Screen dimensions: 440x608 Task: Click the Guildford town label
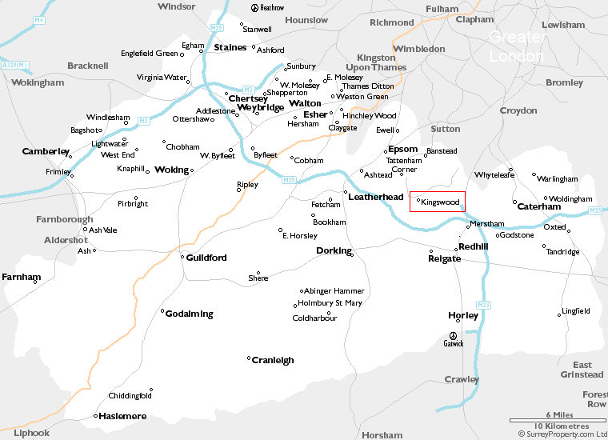click(x=206, y=258)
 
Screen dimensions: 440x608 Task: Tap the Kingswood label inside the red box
click(x=440, y=202)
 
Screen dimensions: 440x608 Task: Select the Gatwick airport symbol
click(x=454, y=336)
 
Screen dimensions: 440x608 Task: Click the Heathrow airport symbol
click(x=255, y=8)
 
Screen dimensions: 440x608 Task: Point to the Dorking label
click(x=334, y=250)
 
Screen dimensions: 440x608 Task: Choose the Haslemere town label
click(x=122, y=416)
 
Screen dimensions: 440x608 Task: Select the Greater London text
click(x=516, y=46)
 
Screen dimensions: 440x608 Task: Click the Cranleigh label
click(x=273, y=360)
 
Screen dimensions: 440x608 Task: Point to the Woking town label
click(x=171, y=170)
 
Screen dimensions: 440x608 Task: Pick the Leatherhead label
click(x=375, y=197)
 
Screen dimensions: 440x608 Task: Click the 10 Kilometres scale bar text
click(x=561, y=426)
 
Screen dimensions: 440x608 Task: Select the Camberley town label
click(x=46, y=151)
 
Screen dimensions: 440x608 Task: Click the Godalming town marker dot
click(x=162, y=311)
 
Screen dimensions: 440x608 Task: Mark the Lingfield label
click(x=576, y=311)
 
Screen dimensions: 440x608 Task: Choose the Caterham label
click(x=539, y=206)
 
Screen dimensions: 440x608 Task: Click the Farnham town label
click(x=21, y=278)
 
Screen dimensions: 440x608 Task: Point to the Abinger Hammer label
click(x=334, y=291)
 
